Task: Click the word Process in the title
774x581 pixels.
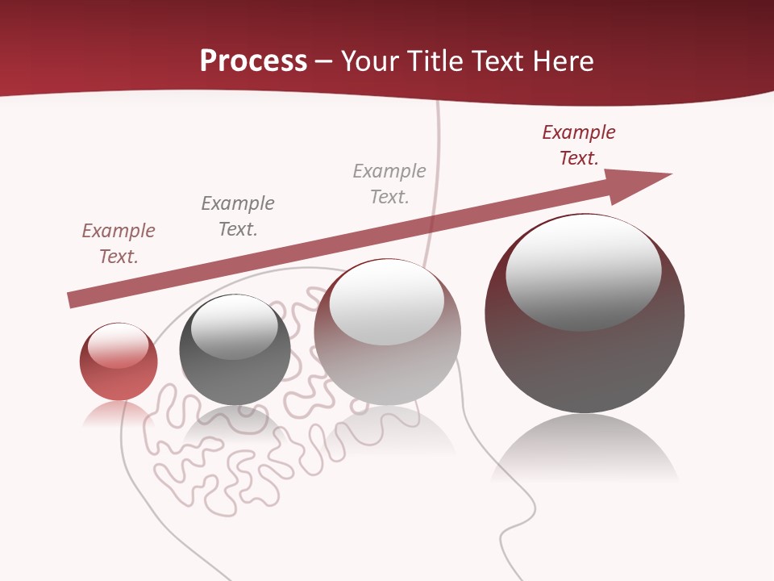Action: pos(253,61)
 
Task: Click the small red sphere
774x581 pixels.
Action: pos(119,379)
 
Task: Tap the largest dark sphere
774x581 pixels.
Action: pos(585,363)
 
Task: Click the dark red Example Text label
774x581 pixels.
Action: pos(579,145)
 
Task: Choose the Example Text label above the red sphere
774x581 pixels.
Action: pos(119,244)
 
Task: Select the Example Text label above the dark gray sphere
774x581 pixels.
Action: pos(238,216)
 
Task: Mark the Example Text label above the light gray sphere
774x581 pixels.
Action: pos(389,184)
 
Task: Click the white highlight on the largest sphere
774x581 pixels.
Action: pos(583,270)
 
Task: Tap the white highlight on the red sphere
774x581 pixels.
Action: pos(118,345)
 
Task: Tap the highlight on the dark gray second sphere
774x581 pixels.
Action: pos(234,327)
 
